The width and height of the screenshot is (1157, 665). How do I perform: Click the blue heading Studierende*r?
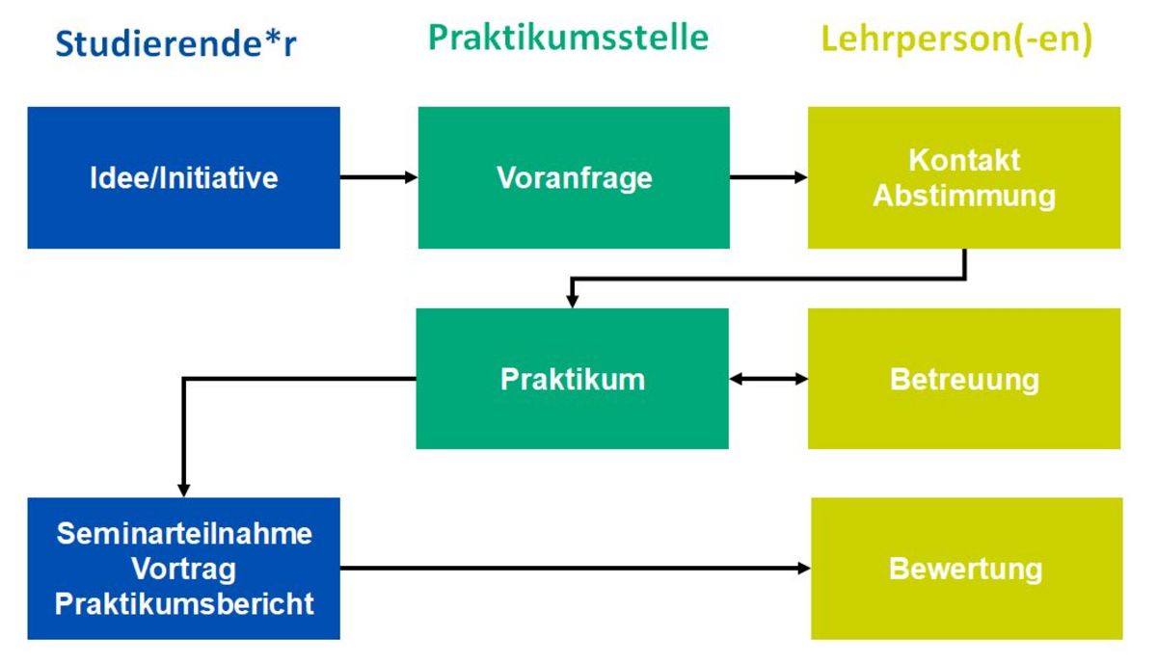175,43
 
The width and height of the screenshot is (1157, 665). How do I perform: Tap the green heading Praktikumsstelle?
568,38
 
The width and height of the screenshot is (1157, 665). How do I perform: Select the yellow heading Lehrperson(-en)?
956,40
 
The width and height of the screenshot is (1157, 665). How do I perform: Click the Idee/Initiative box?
184,177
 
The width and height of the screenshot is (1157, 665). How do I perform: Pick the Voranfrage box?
574,177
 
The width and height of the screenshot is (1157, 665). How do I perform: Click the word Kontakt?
964,160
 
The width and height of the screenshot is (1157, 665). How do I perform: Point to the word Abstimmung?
964,197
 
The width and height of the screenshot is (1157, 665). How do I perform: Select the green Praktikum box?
573,379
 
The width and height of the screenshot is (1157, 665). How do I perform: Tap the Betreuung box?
964,379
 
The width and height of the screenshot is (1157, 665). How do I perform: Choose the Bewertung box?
966,569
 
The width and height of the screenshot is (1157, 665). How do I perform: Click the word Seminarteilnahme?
184,533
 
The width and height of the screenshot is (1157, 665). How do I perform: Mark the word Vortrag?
184,569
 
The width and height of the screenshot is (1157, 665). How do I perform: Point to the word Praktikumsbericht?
184,603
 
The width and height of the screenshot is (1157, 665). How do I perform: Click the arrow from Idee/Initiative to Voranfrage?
379,177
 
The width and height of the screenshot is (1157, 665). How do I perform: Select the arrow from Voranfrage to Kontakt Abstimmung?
768,177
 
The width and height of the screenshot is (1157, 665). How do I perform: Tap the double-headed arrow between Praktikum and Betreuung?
768,379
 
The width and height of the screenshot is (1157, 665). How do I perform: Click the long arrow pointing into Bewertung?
576,569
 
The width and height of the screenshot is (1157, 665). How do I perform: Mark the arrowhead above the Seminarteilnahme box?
184,491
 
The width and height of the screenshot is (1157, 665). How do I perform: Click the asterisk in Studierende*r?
272,38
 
